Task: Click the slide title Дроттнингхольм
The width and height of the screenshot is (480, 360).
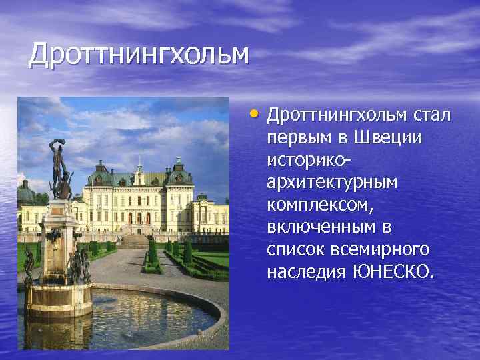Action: tap(139, 55)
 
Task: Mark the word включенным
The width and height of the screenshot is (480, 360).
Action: tap(322, 227)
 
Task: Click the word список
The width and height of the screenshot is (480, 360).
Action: tap(297, 250)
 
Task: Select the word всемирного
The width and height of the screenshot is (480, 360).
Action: tap(386, 250)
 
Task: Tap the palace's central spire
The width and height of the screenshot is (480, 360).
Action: tap(139, 163)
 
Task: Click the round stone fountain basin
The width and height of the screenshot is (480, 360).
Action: tap(120, 313)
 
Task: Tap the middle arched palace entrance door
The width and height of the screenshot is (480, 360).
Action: tap(139, 218)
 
